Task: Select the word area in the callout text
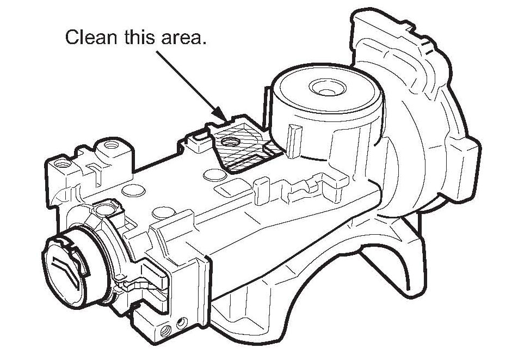[184, 38]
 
